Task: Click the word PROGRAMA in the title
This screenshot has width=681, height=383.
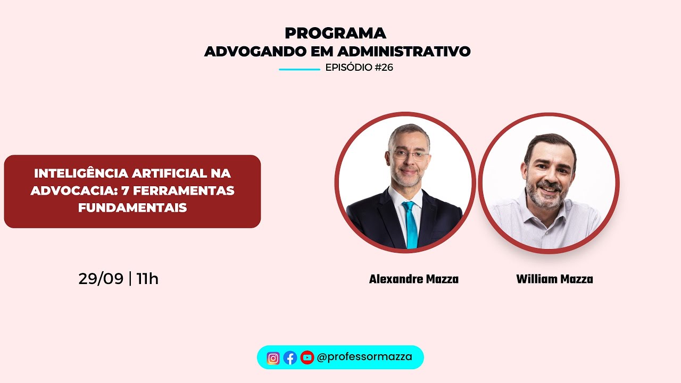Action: tap(335, 33)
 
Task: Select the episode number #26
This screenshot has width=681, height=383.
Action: tap(384, 68)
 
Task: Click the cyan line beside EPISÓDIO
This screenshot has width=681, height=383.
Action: tap(299, 69)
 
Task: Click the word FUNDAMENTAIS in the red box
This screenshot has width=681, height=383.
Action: tap(132, 208)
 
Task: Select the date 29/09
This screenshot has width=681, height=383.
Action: tap(101, 279)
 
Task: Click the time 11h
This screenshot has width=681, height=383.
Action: tap(147, 279)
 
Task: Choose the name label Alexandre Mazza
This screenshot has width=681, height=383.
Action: tap(413, 279)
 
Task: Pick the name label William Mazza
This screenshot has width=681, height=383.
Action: tap(554, 279)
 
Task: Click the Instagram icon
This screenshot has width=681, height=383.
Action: tap(273, 358)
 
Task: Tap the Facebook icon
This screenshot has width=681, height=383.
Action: tap(290, 358)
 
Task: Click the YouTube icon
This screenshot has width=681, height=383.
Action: tap(307, 358)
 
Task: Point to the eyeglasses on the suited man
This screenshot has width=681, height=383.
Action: tap(409, 155)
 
